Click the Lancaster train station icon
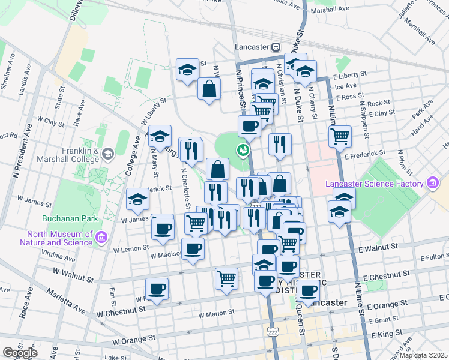tap(276, 47)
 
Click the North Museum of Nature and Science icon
tap(100, 238)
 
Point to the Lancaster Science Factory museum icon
tap(431, 183)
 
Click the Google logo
tap(20, 353)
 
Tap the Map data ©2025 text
tap(423, 355)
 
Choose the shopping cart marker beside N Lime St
tap(340, 136)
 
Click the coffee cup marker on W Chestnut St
tap(157, 289)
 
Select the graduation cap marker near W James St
tap(137, 199)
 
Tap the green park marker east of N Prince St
tap(243, 150)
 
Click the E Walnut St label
tap(378, 247)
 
